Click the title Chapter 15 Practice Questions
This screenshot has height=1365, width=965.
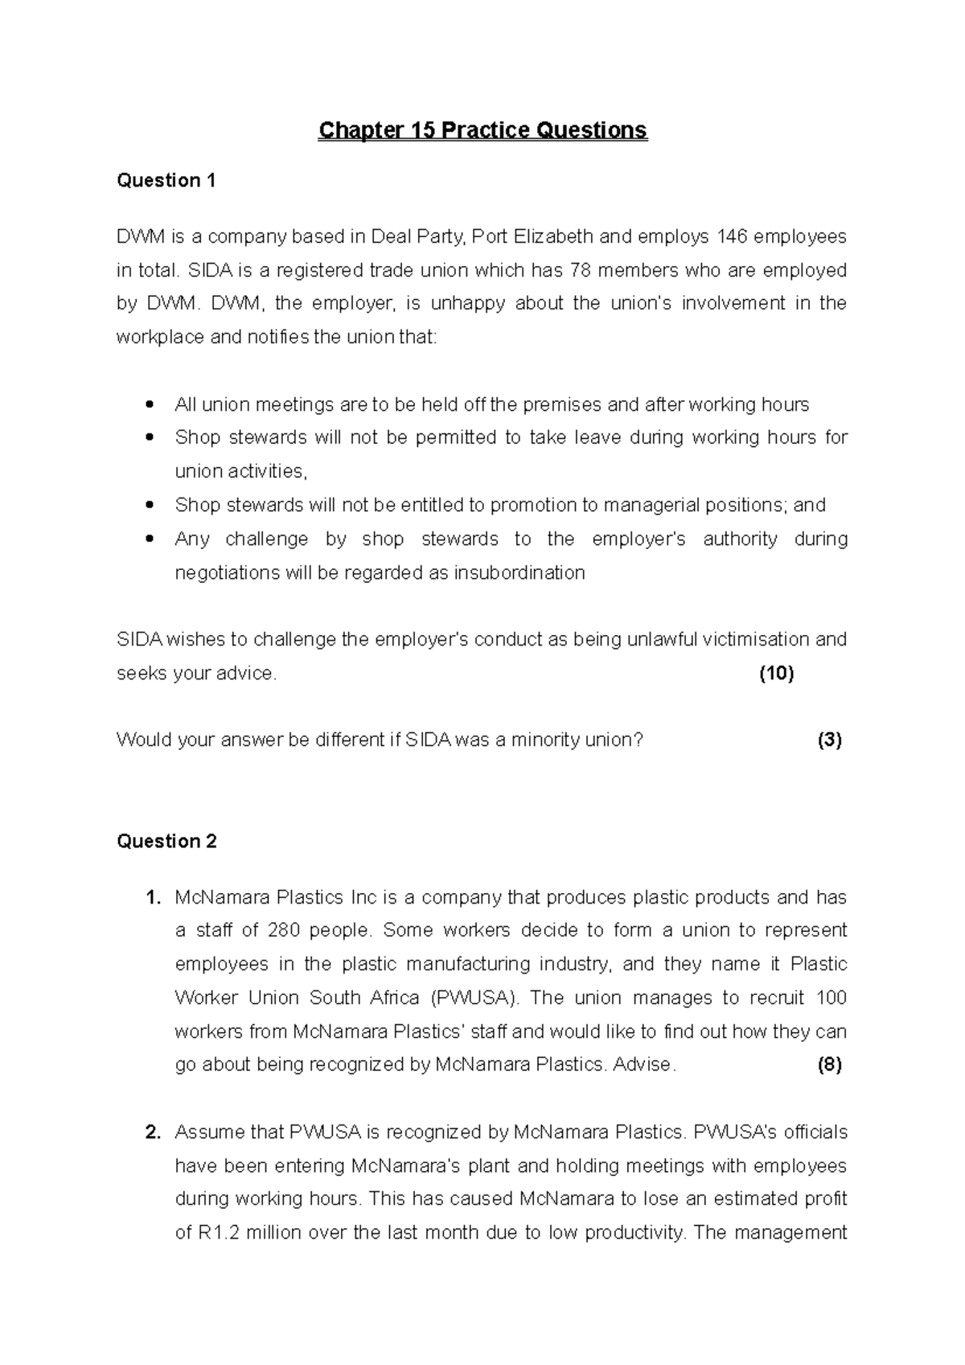(482, 130)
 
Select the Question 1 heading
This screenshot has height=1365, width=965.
(166, 181)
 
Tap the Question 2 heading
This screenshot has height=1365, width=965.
(166, 842)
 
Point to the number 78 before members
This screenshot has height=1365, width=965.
(580, 271)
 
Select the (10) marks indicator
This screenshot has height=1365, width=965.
(776, 674)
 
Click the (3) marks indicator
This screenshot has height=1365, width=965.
(829, 740)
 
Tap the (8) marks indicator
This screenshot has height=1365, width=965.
(829, 1065)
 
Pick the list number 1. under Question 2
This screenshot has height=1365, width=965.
(154, 898)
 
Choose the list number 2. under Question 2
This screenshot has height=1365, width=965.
(154, 1133)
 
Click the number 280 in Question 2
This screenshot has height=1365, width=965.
(284, 931)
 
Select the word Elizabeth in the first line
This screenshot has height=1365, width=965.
(553, 237)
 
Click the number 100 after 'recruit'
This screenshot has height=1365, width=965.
(831, 998)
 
